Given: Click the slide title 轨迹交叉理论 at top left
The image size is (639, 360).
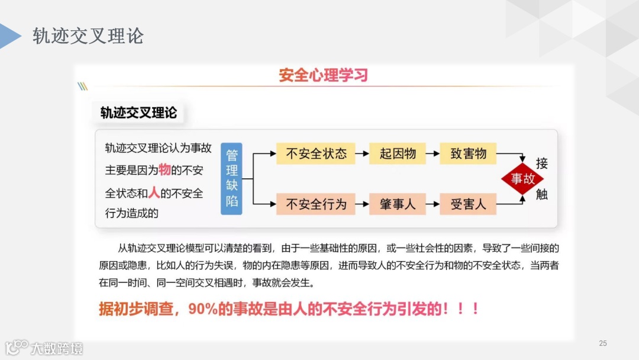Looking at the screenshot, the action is pyautogui.click(x=88, y=36).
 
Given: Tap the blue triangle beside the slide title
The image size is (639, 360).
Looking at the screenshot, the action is pyautogui.click(x=11, y=36).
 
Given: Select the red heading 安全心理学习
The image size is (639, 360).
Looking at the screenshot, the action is pyautogui.click(x=323, y=75).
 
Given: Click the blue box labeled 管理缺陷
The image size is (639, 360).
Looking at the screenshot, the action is pyautogui.click(x=231, y=178).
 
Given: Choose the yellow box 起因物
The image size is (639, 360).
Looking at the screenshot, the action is pyautogui.click(x=397, y=154).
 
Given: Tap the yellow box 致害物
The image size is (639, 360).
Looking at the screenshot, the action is pyautogui.click(x=468, y=154).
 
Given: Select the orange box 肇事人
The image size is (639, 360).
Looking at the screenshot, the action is pyautogui.click(x=397, y=204).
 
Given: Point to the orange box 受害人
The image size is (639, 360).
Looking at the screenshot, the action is pyautogui.click(x=468, y=204).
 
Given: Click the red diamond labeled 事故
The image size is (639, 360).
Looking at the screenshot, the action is pyautogui.click(x=522, y=179).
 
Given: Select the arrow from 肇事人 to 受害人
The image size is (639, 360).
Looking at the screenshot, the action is pyautogui.click(x=433, y=204).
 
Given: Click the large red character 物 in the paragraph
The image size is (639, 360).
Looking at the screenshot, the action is pyautogui.click(x=164, y=170).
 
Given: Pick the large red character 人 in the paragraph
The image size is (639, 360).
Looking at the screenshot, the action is pyautogui.click(x=154, y=192).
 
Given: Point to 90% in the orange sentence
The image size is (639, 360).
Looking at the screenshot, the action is pyautogui.click(x=204, y=308).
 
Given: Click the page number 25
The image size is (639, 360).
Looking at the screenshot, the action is pyautogui.click(x=603, y=343).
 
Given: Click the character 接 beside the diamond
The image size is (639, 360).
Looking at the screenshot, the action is pyautogui.click(x=541, y=163).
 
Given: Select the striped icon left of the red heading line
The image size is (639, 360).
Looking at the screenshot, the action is pyautogui.click(x=83, y=86).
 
